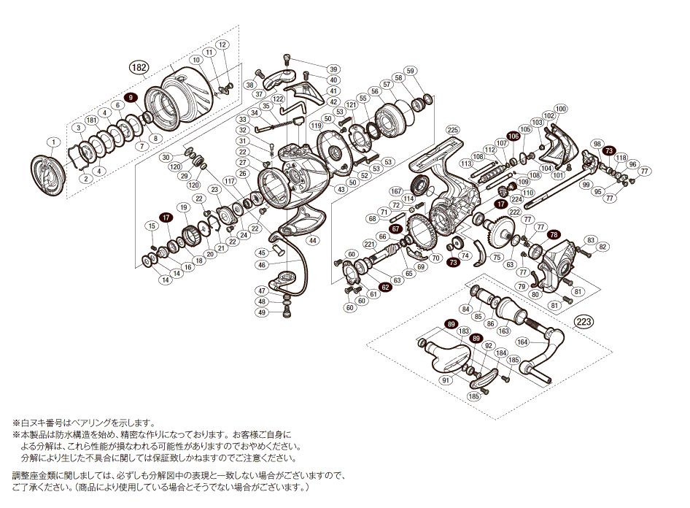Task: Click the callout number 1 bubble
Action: pos(53,142)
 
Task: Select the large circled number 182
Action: pos(138,68)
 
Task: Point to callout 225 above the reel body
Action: pos(453,129)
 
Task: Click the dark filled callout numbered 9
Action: pos(131,97)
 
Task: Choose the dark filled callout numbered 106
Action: pos(513,136)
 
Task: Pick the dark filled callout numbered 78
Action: pos(554,235)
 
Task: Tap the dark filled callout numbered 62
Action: pos(385,287)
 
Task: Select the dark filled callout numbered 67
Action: pos(395,229)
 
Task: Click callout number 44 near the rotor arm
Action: pos(312,240)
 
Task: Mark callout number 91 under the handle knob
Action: pos(445,380)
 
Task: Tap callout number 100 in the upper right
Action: pos(560,107)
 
